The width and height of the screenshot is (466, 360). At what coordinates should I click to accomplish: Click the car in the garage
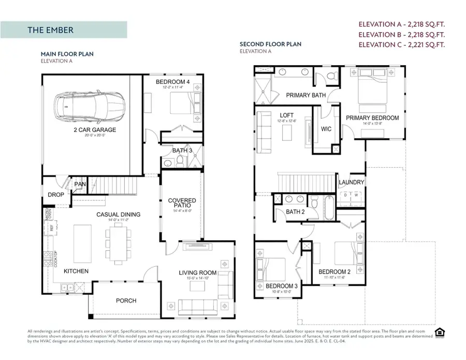(89, 106)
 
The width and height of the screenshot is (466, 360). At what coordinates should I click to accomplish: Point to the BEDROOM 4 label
(173, 82)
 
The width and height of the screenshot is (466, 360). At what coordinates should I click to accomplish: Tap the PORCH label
(126, 300)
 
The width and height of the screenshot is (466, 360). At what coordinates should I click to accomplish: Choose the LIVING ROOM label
(198, 273)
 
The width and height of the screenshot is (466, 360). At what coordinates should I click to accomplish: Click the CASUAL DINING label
(118, 214)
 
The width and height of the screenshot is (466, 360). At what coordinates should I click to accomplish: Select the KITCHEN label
(76, 271)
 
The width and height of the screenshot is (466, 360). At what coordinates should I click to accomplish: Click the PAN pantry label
(80, 184)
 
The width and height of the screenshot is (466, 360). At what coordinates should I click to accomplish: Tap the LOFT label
(287, 115)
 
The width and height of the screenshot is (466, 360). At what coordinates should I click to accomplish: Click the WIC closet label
(326, 128)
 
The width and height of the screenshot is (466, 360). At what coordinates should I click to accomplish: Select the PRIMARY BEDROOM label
(372, 118)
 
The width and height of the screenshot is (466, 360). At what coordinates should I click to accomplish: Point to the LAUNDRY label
(352, 182)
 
